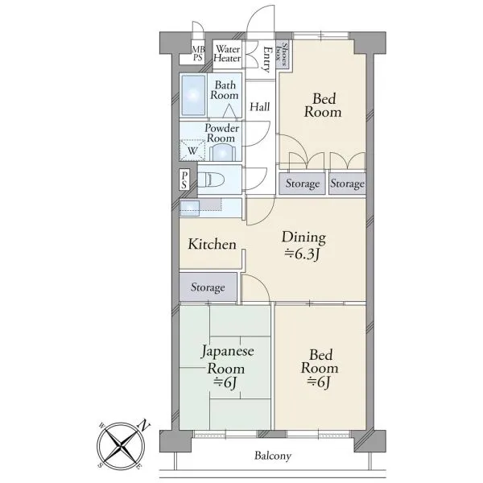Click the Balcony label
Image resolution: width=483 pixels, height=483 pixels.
(x=273, y=456)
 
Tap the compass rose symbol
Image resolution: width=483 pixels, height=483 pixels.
(x=121, y=445)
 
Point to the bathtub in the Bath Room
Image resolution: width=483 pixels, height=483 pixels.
(x=193, y=95)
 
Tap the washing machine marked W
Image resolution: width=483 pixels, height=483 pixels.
(x=192, y=151)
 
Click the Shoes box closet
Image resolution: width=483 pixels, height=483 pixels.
(x=283, y=55)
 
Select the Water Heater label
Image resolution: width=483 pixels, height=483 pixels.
(x=227, y=54)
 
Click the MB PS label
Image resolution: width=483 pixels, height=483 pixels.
(x=197, y=53)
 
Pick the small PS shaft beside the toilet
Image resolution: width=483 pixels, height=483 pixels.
(x=184, y=180)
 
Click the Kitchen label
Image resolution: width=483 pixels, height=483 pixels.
(x=213, y=244)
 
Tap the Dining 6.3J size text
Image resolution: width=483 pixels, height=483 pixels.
(x=304, y=254)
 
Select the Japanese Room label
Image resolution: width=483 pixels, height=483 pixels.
(x=227, y=360)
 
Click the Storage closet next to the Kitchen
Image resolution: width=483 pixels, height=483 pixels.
(x=208, y=287)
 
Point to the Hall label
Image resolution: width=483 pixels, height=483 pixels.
(x=260, y=107)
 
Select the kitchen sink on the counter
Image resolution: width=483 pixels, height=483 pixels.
(x=190, y=208)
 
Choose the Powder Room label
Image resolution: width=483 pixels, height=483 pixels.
(x=221, y=133)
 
